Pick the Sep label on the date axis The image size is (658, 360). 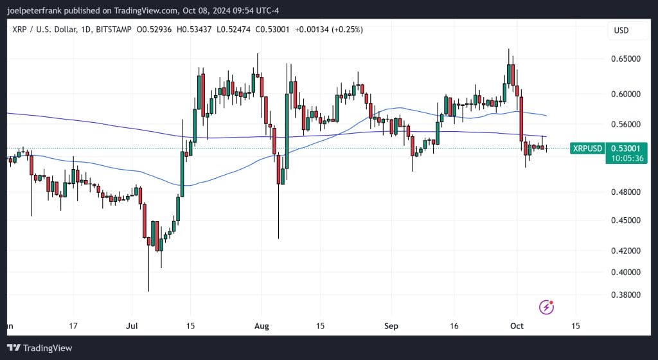tap(391, 326)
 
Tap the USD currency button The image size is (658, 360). tap(621, 30)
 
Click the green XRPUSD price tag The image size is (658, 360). tap(587, 148)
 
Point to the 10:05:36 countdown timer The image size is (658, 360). tap(627, 158)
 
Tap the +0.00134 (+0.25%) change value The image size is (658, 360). tap(327, 30)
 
